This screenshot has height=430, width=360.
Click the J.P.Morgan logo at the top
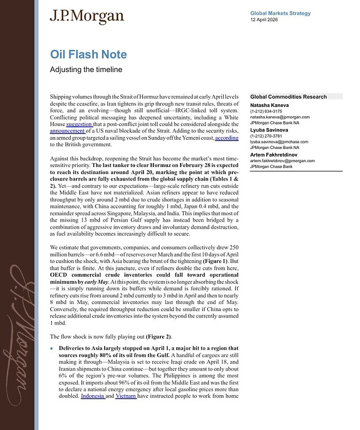click(87, 17)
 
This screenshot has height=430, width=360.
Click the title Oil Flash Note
click(88, 55)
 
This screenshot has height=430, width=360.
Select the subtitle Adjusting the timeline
click(86, 70)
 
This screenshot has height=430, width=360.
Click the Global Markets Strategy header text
click(280, 13)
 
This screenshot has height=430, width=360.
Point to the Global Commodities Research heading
click(288, 97)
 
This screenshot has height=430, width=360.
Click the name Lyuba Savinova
click(269, 130)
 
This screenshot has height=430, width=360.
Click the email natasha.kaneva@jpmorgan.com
click(282, 117)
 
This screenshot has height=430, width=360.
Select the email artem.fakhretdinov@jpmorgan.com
click(283, 161)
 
